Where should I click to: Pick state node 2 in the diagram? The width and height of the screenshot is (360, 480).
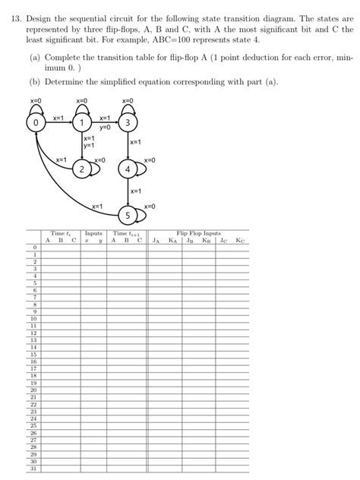81,170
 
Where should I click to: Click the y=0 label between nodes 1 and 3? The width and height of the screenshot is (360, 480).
105,127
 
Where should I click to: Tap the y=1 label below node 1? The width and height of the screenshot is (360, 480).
89,146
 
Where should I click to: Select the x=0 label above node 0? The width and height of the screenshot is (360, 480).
35,100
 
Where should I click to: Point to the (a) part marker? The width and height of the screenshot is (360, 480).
34,57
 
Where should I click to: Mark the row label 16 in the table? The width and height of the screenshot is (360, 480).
33,360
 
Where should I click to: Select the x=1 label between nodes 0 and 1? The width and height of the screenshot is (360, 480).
58,118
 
